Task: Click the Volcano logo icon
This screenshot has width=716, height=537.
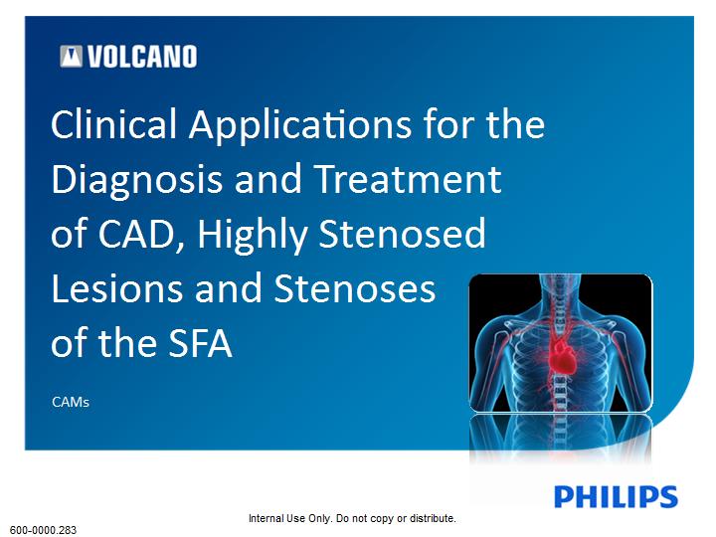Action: click(x=71, y=56)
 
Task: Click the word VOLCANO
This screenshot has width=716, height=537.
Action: click(x=142, y=57)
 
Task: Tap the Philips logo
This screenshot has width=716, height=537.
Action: click(x=616, y=497)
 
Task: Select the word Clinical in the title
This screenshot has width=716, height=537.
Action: click(x=113, y=123)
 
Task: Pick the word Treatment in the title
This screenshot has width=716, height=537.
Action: click(x=408, y=179)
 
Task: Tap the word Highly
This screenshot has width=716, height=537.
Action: click(x=252, y=236)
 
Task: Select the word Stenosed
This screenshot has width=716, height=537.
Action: click(x=402, y=233)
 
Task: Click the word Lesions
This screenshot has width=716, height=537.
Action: click(x=117, y=288)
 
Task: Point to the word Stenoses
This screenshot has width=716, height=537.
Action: click(x=354, y=288)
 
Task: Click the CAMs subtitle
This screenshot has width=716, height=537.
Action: click(x=71, y=403)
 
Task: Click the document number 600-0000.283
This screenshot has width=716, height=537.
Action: click(x=44, y=530)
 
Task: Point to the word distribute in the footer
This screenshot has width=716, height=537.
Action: click(x=432, y=519)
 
